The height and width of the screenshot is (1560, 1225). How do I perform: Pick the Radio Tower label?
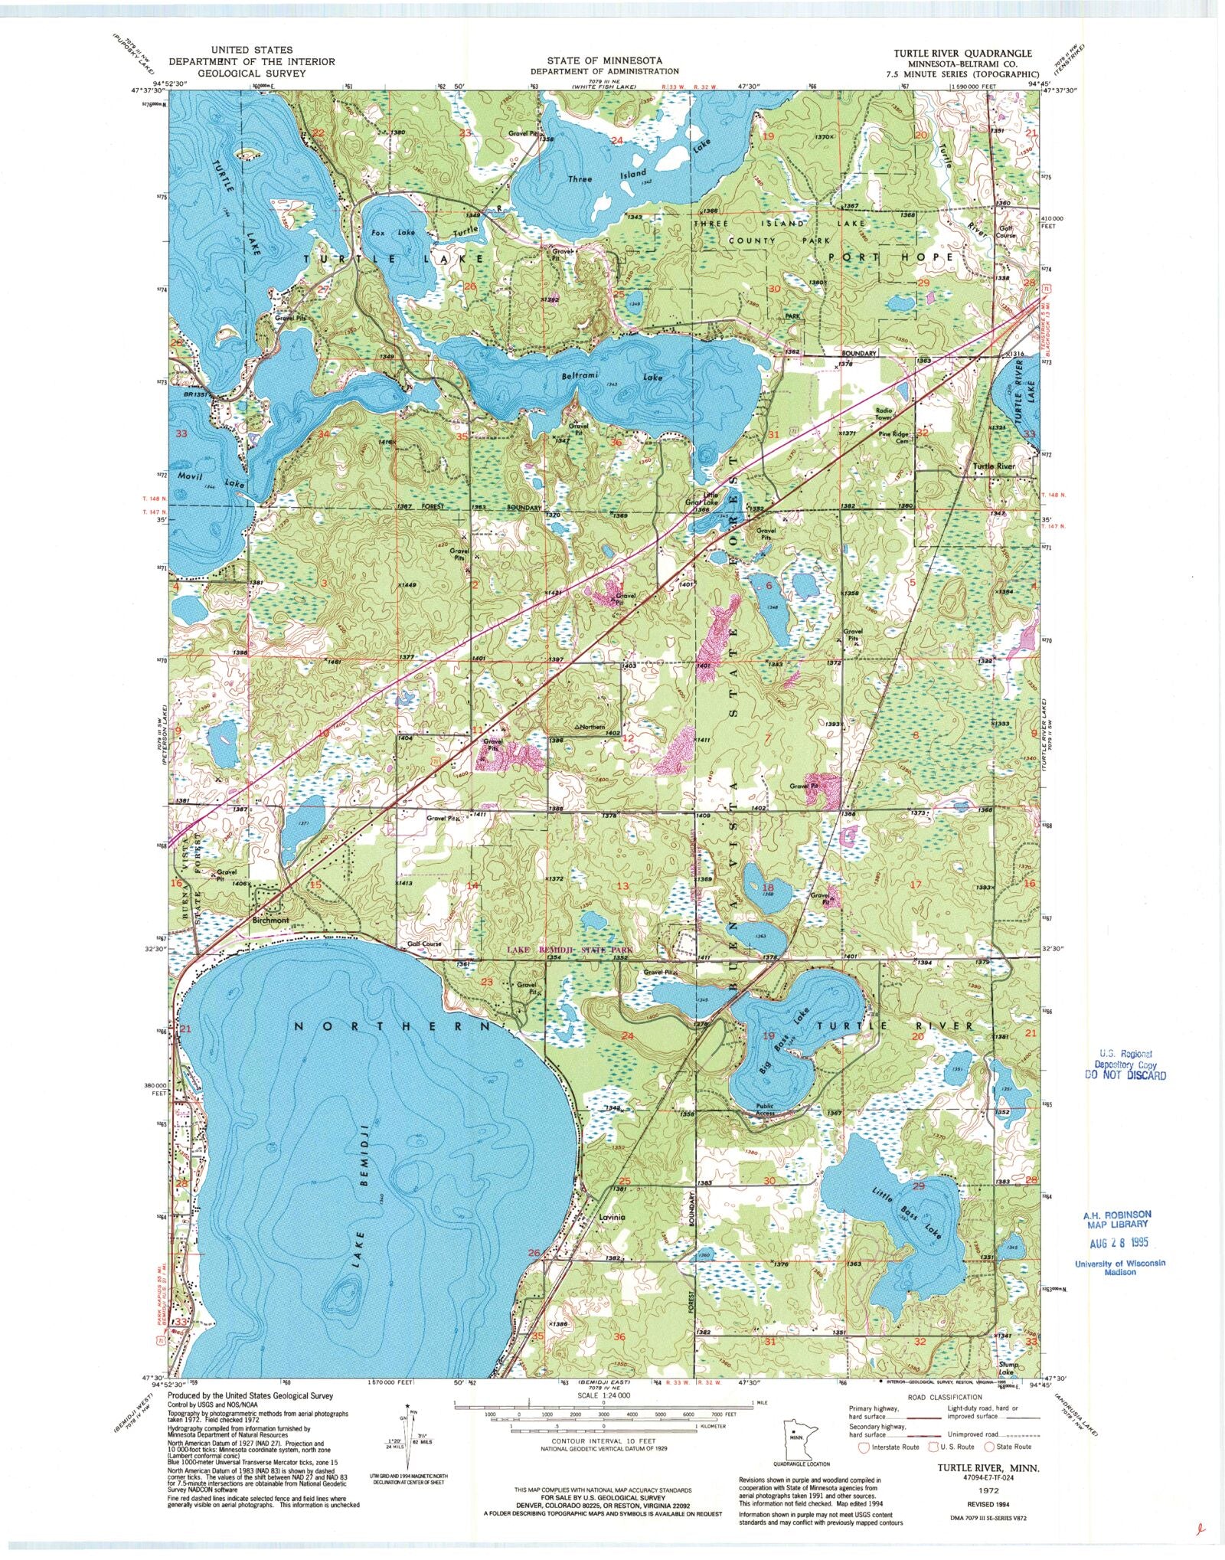(x=885, y=414)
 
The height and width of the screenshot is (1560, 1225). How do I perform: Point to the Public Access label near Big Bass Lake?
(x=766, y=1109)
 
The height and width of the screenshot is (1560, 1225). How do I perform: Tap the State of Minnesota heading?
(x=604, y=60)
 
